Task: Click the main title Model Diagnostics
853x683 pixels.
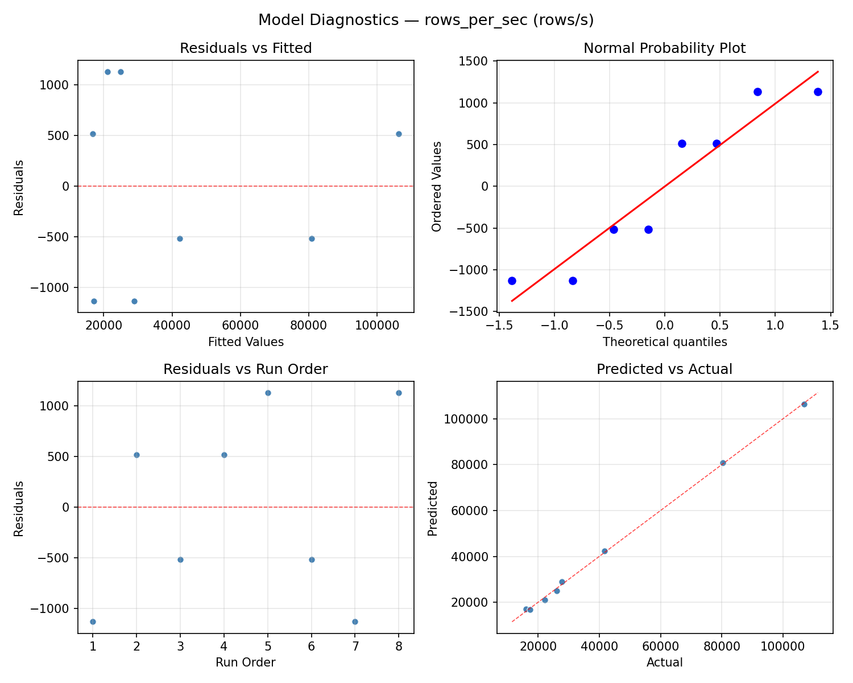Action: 425,20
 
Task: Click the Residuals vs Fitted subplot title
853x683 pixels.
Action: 246,48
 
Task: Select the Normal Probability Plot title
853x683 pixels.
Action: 664,48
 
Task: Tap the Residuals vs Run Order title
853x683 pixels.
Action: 246,369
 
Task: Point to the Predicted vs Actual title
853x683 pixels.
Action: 664,369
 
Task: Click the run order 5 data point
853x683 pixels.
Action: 268,393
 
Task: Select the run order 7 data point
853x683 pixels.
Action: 355,622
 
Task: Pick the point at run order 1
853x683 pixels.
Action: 93,622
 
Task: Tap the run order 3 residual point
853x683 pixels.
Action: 180,559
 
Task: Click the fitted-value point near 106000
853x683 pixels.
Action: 399,134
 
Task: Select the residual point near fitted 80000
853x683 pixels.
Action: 312,238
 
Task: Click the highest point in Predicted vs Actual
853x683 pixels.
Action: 804,404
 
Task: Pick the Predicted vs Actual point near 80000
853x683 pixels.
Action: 723,463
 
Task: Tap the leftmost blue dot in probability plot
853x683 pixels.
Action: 512,281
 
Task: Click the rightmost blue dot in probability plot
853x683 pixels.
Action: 818,92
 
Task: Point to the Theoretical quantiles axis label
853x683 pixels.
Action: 664,342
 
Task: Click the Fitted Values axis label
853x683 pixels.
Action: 246,342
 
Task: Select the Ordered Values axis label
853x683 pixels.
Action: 436,186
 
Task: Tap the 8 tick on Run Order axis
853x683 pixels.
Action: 399,647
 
